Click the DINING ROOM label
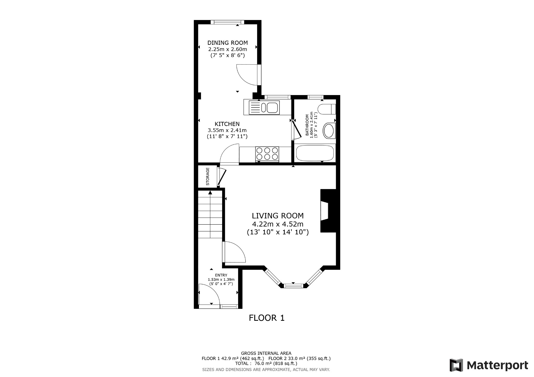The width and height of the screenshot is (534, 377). coord(227,43)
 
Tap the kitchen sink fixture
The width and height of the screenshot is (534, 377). coord(264,108)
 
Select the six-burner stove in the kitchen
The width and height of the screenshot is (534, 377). coord(267,154)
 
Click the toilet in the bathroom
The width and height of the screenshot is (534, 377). coord(326,109)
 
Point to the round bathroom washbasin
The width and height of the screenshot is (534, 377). coord(329,131)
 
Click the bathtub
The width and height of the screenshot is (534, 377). coord(315,153)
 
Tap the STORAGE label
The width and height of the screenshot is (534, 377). coord(208,176)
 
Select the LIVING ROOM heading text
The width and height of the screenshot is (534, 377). coord(278,216)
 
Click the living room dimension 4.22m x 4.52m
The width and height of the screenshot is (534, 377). coord(278,224)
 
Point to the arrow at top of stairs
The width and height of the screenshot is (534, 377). coord(210,193)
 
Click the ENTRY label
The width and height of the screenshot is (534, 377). coord(221,275)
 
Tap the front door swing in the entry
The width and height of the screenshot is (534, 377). coord(209,294)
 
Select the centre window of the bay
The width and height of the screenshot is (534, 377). coord(293,286)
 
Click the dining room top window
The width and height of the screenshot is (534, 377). coord(227,22)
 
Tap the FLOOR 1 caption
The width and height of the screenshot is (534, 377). coord(266,318)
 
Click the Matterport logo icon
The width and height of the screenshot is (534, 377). coord(456,365)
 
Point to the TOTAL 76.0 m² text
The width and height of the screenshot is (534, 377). coord(266,363)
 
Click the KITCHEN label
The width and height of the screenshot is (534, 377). coord(227,124)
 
